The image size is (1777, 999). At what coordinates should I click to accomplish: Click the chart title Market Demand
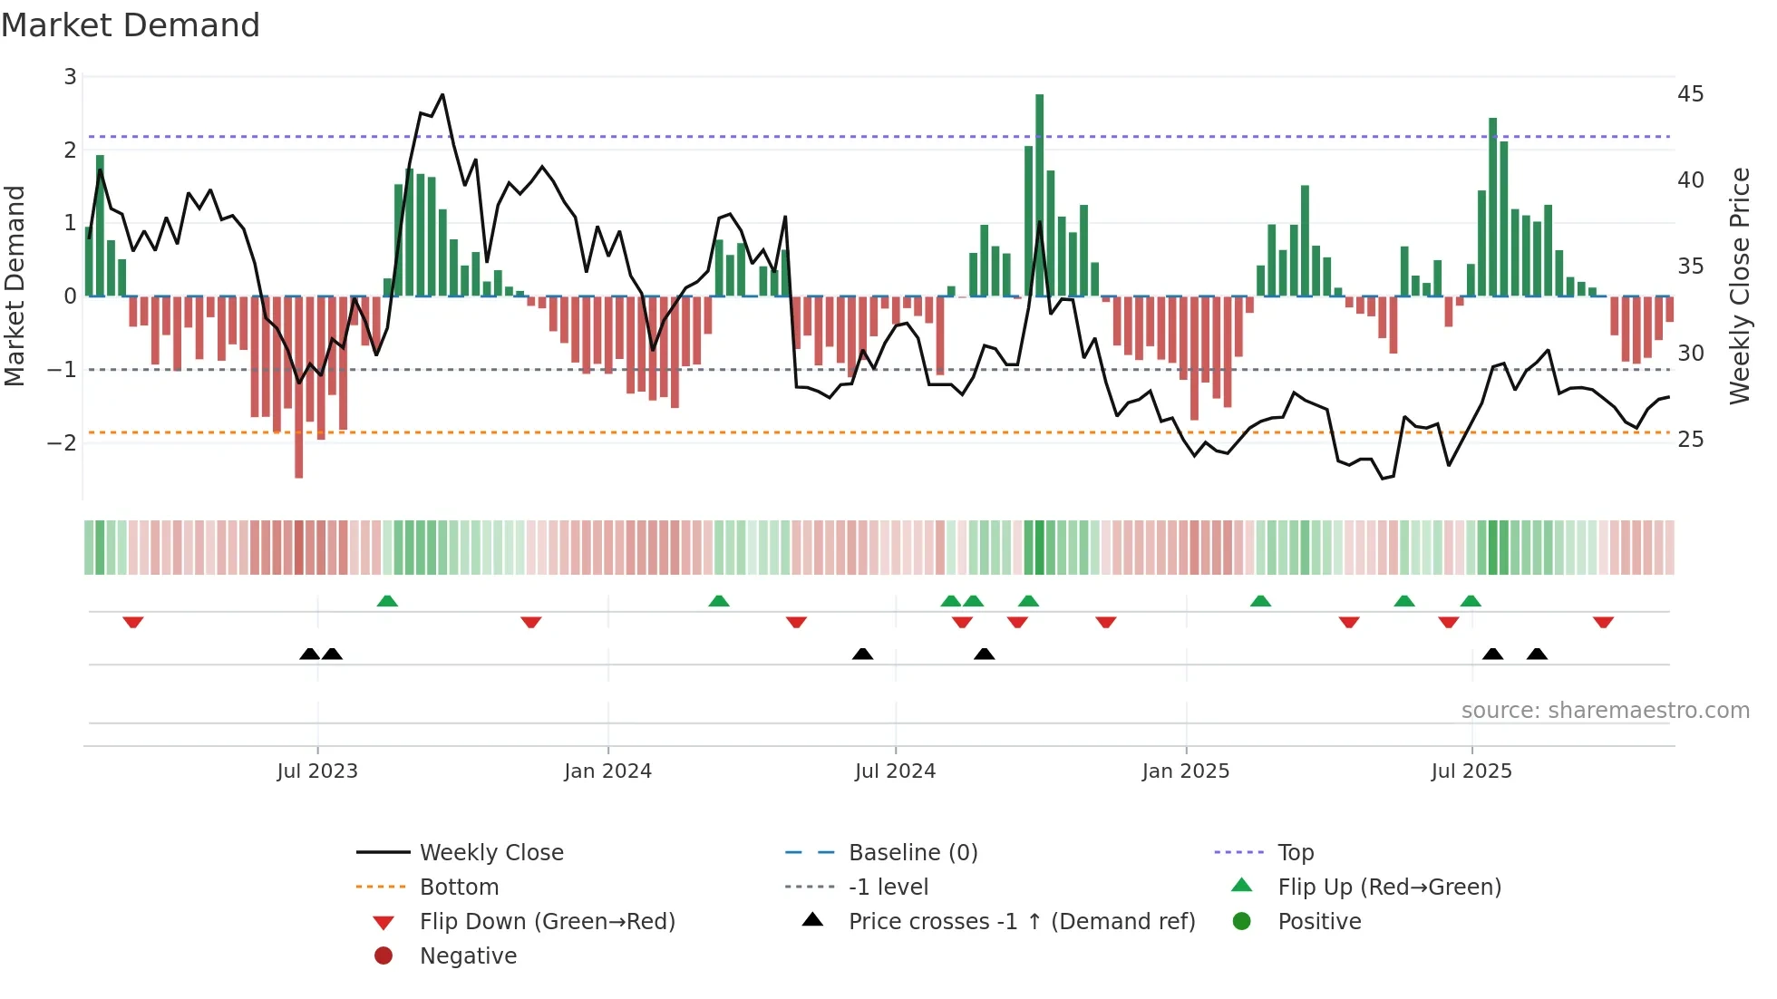[x=131, y=25]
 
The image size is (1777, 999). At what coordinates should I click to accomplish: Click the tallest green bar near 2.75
[x=1039, y=195]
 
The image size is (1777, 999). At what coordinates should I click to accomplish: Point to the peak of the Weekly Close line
[x=442, y=95]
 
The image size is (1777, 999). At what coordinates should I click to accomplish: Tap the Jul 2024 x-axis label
[x=895, y=771]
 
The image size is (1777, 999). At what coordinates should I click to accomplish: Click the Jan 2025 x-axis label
[x=1185, y=771]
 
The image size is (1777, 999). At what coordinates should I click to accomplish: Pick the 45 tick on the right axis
[x=1690, y=94]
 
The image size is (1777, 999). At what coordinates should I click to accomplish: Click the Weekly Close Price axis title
[x=1739, y=286]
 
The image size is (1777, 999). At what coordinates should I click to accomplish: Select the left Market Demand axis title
[x=15, y=286]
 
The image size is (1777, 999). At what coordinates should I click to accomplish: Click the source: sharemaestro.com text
[x=1605, y=711]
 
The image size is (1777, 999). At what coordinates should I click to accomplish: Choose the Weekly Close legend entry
[x=490, y=853]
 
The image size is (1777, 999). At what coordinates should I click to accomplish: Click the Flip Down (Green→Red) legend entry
[x=547, y=922]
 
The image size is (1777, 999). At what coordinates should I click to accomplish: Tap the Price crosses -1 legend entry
[x=1021, y=922]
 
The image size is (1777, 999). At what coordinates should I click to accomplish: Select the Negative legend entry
[x=467, y=956]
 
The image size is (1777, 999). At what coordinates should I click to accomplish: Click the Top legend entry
[x=1295, y=853]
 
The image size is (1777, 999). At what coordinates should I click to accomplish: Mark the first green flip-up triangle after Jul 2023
[x=387, y=601]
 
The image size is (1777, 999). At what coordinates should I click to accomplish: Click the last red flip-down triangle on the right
[x=1603, y=622]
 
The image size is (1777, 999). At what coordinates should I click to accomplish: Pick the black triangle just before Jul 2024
[x=862, y=654]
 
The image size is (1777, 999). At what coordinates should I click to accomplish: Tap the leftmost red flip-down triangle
[x=133, y=622]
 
